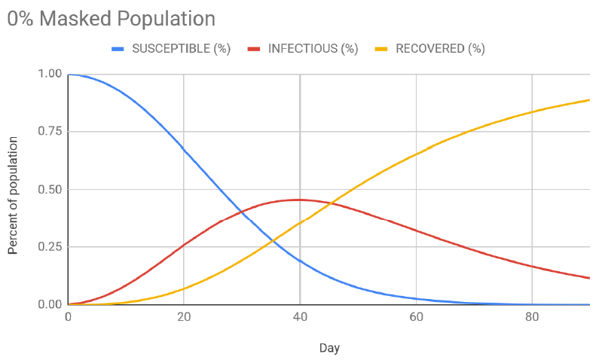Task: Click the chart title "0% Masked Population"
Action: click(x=112, y=19)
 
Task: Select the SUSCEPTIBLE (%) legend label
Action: click(x=181, y=49)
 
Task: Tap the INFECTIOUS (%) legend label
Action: click(x=313, y=49)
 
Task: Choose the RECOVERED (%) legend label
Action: click(x=441, y=49)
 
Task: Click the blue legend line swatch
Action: click(x=118, y=49)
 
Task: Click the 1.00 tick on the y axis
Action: click(x=49, y=74)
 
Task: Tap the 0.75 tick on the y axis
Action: click(x=49, y=132)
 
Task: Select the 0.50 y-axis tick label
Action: click(x=49, y=189)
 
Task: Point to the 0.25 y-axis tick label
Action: click(x=49, y=247)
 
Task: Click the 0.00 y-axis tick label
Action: click(x=49, y=305)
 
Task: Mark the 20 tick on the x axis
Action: click(x=184, y=317)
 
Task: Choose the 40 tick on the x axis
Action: click(x=300, y=317)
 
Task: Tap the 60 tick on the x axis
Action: click(x=416, y=317)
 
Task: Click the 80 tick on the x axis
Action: click(x=532, y=317)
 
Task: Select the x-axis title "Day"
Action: click(x=329, y=349)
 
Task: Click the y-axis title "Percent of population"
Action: click(x=14, y=189)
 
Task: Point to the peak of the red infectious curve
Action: click(x=299, y=200)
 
